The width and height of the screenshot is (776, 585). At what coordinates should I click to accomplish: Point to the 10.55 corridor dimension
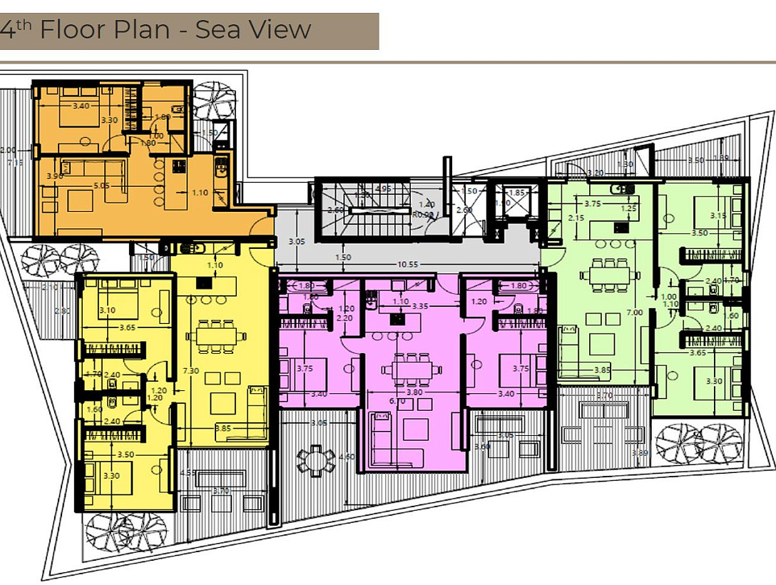click(407, 264)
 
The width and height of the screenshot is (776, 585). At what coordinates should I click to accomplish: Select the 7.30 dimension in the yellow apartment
click(189, 370)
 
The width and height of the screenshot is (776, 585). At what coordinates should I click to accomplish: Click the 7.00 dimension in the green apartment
click(633, 312)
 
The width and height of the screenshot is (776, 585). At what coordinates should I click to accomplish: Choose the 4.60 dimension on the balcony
click(347, 457)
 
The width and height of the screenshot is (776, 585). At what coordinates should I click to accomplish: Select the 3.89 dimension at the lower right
click(639, 454)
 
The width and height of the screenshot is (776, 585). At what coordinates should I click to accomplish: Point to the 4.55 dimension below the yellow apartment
click(188, 472)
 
